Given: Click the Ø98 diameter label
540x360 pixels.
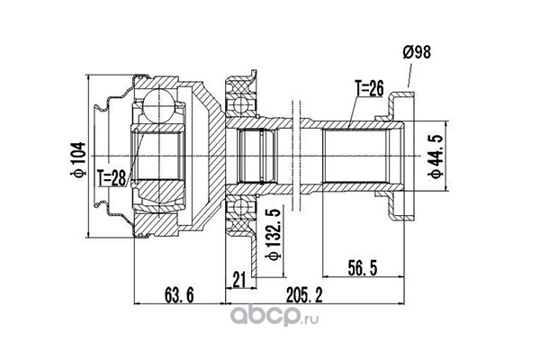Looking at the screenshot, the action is pyautogui.click(x=417, y=53).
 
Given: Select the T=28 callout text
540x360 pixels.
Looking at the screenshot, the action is pyautogui.click(x=112, y=178).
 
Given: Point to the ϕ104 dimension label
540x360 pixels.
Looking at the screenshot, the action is pyautogui.click(x=78, y=159).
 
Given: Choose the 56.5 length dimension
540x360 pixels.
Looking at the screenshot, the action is pyautogui.click(x=363, y=268).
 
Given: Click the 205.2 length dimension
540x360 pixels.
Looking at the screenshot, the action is pyautogui.click(x=304, y=295).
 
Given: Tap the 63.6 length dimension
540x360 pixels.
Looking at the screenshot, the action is pyautogui.click(x=179, y=295).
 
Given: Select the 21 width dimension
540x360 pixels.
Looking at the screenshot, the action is pyautogui.click(x=239, y=279).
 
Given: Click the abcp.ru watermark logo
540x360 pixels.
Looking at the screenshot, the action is pyautogui.click(x=274, y=316).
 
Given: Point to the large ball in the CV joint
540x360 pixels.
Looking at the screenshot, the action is pyautogui.click(x=158, y=105).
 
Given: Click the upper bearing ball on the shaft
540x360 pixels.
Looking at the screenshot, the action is pyautogui.click(x=240, y=103).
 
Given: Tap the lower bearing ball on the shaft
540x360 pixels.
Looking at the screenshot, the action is pyautogui.click(x=240, y=209).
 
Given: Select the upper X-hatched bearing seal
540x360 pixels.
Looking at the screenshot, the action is pyautogui.click(x=240, y=86).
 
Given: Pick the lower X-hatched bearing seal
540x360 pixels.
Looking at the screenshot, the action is pyautogui.click(x=240, y=226).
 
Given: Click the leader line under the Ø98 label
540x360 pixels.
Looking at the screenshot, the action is pyautogui.click(x=409, y=75).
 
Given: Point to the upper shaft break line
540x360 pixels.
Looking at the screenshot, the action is pyautogui.click(x=296, y=111).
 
